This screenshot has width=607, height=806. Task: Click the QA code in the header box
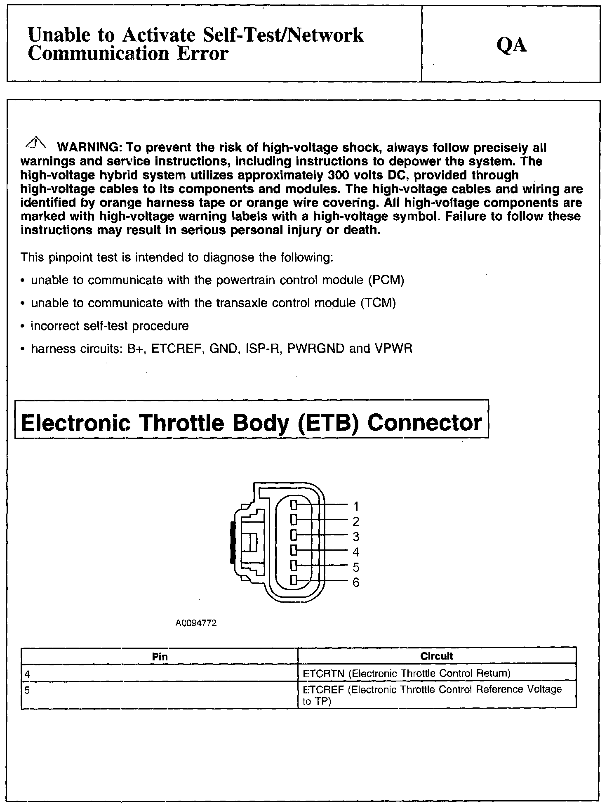coord(511,45)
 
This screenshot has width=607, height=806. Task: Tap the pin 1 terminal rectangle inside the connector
coord(294,504)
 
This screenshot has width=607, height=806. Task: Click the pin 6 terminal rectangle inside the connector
coord(294,580)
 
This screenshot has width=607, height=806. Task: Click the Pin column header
coord(160,656)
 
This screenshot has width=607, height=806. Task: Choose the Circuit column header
coord(437,656)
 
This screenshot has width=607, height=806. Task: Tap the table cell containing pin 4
coord(159,674)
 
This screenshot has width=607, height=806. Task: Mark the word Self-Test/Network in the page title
coord(284,35)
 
